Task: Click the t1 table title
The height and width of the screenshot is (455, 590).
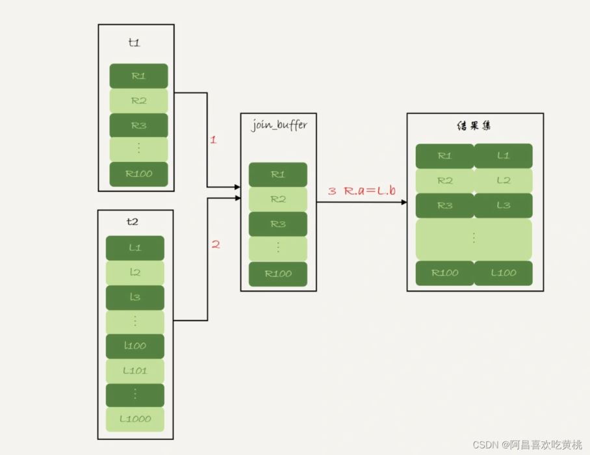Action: [x=135, y=43]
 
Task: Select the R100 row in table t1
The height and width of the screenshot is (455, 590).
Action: [x=138, y=174]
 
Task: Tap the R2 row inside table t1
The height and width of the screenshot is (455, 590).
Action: [x=138, y=101]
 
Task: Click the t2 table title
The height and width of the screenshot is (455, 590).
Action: [x=133, y=221]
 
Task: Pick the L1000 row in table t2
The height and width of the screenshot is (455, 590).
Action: [x=135, y=419]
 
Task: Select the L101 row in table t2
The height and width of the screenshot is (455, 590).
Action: [x=135, y=370]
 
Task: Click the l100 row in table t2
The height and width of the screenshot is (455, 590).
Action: [x=135, y=346]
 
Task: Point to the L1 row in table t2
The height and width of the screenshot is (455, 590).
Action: [x=135, y=248]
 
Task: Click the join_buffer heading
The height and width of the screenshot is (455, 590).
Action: [x=279, y=125]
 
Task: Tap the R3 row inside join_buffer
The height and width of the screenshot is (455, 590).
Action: [x=278, y=224]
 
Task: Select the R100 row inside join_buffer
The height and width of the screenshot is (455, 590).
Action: [x=278, y=274]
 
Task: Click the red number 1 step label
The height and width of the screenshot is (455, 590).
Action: [x=212, y=140]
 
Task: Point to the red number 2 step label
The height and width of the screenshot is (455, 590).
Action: [x=216, y=244]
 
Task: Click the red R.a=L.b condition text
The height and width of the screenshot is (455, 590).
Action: [x=371, y=191]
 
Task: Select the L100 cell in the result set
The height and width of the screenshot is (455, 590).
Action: [x=503, y=273]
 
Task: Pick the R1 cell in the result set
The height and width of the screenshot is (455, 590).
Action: [x=444, y=156]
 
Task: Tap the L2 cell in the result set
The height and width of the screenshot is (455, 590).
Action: [x=503, y=181]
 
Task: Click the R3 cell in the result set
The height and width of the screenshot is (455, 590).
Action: [x=444, y=205]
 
